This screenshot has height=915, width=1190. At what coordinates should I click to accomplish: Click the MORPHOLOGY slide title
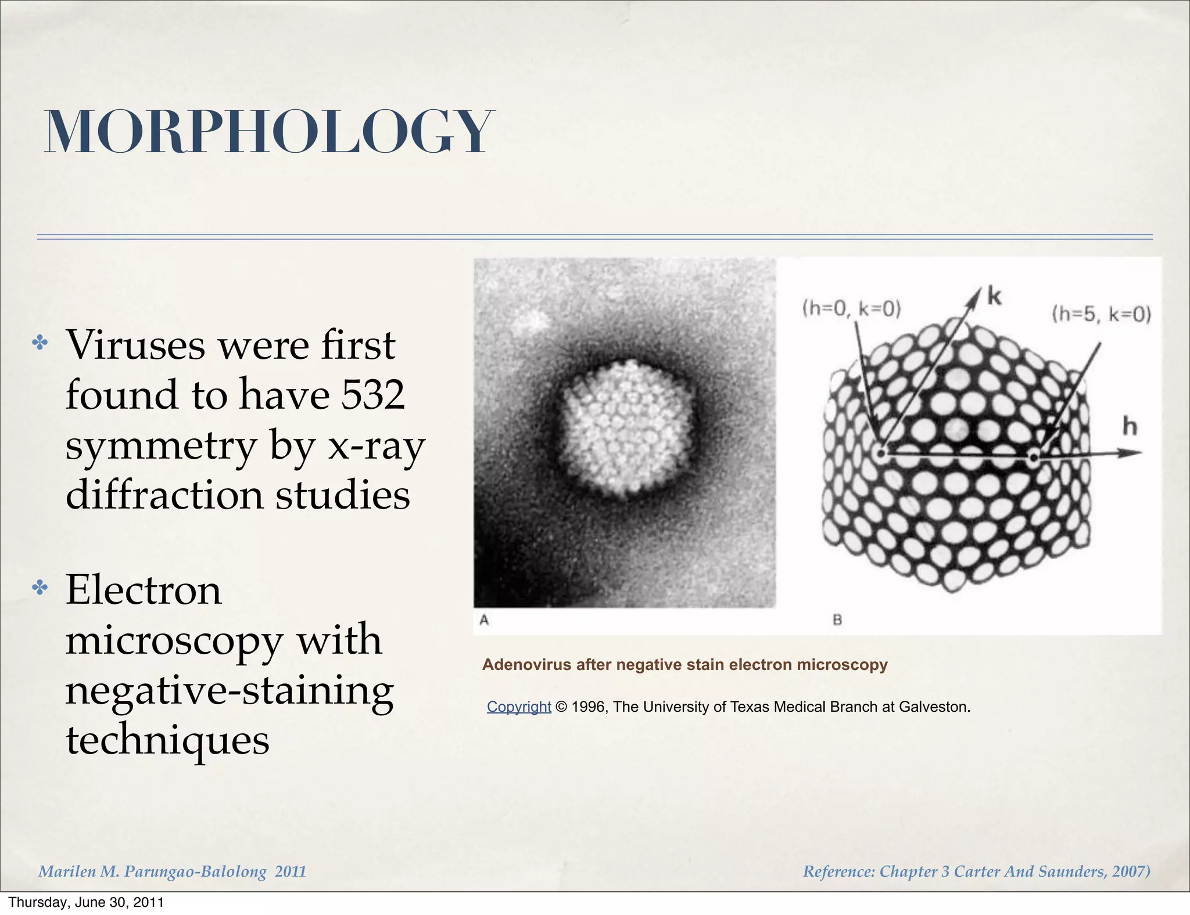click(268, 132)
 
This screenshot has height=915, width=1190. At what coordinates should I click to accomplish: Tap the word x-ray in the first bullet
click(377, 446)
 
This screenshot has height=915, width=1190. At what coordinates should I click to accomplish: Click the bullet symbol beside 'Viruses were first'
click(40, 343)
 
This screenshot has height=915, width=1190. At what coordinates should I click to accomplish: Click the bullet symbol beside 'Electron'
click(40, 588)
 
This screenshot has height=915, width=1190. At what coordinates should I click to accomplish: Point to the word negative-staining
click(230, 691)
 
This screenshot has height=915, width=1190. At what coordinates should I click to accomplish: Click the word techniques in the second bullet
click(168, 740)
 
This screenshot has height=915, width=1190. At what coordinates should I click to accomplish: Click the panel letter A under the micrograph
click(484, 620)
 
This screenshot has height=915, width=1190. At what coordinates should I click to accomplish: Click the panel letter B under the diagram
click(837, 620)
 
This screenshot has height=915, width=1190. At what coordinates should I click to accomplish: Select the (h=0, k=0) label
click(851, 308)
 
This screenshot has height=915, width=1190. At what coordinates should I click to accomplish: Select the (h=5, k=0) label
click(1101, 314)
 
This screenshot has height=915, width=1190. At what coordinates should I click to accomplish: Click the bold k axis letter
click(994, 296)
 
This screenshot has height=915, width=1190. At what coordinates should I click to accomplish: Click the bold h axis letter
click(1129, 427)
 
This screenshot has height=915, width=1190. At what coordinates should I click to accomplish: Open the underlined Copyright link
click(518, 707)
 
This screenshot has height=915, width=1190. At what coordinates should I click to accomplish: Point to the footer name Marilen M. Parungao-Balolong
click(153, 871)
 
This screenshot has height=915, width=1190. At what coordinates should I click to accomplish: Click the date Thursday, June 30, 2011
click(86, 902)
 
